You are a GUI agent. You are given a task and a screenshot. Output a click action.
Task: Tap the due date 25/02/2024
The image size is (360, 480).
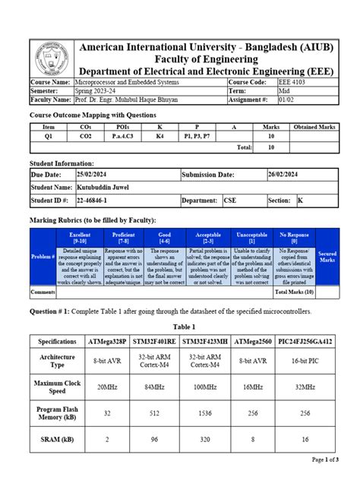80,174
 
